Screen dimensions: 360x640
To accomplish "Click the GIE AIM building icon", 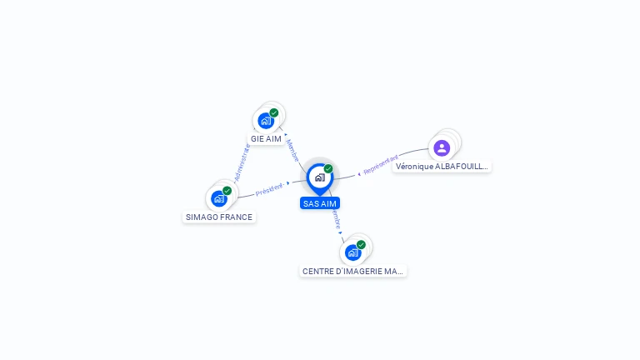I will point(266,121).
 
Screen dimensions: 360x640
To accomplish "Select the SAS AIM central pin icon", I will point(319,177).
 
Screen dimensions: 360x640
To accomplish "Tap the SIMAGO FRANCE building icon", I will point(219,198).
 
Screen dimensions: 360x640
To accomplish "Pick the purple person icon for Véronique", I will point(442,148).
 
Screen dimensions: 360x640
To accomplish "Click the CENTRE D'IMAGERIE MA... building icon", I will point(353,252).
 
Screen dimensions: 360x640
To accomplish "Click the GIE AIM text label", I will point(266,139).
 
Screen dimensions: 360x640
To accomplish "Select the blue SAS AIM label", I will point(320,203).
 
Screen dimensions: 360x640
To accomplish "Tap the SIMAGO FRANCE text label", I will point(219,217).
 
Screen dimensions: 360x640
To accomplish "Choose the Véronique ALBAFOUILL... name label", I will point(442,167).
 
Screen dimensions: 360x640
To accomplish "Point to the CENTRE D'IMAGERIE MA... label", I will point(353,271).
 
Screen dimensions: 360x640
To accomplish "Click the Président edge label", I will point(269,189).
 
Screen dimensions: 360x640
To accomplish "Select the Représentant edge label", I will point(381,164).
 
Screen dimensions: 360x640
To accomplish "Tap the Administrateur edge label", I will point(242,162).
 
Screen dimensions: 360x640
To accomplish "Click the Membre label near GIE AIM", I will point(292,150).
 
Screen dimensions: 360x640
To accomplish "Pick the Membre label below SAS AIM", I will point(336,218).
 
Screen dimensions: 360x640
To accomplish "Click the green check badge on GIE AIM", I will point(274,112).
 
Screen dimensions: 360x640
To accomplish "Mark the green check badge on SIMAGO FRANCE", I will point(227,190).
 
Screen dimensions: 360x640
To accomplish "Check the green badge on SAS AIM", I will point(328,168).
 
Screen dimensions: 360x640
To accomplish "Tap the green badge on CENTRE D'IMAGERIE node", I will point(362,244).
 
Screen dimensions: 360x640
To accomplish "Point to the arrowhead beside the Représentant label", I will point(359,173).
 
